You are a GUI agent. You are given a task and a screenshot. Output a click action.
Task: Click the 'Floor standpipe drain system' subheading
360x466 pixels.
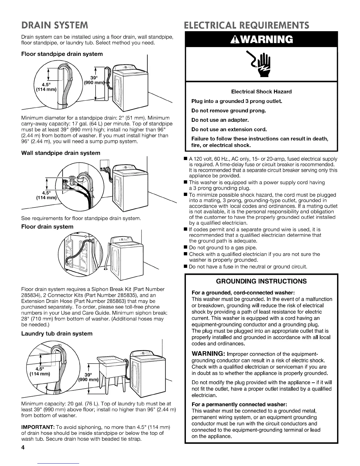pyautogui.click(x=62, y=54)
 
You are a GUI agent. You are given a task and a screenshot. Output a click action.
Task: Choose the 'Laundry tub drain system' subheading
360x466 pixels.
pyautogui.click(x=57, y=333)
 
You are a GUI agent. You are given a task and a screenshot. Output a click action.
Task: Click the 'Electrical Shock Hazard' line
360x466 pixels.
pyautogui.click(x=261, y=92)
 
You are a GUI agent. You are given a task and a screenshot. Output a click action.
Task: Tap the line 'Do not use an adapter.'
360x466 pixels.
pyautogui.click(x=220, y=120)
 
